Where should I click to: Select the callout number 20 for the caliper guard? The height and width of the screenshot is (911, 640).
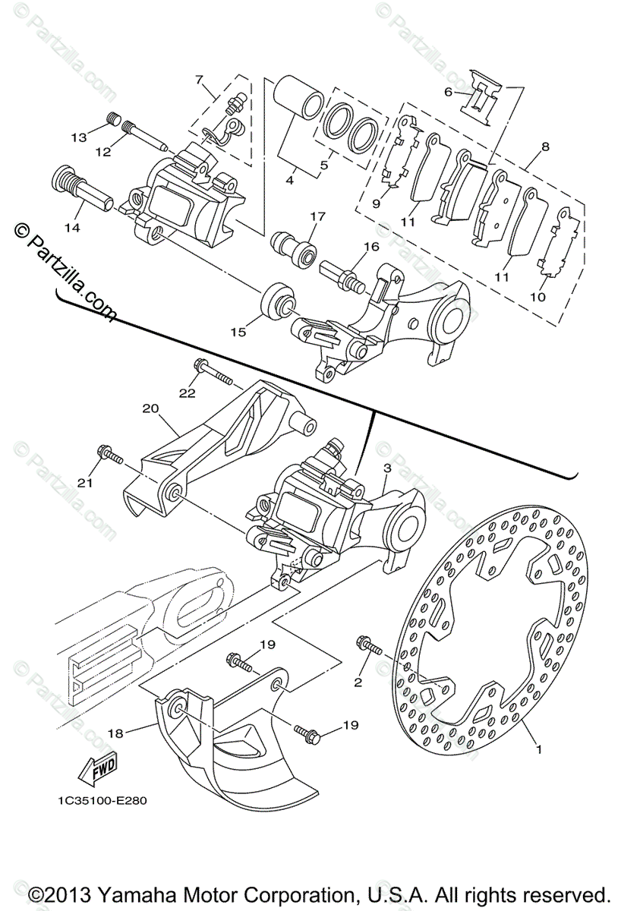(150, 408)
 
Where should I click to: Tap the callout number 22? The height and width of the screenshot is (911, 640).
(188, 392)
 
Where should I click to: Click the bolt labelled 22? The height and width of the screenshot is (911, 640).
(216, 373)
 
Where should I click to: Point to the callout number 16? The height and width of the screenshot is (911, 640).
(370, 247)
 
